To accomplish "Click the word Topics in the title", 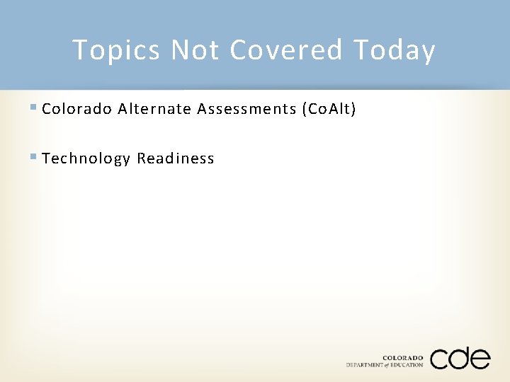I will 116,50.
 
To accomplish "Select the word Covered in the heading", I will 286,50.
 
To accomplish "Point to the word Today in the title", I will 394,50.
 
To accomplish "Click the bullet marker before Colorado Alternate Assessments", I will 35,108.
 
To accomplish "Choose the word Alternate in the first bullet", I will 155,109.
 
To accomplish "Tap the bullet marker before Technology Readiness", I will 35,158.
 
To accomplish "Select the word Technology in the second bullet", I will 86,158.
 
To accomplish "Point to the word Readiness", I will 176,158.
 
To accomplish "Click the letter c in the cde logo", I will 440,359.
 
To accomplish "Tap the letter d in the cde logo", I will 459,357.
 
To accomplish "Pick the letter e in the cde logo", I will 480,359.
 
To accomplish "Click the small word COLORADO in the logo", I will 403,358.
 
